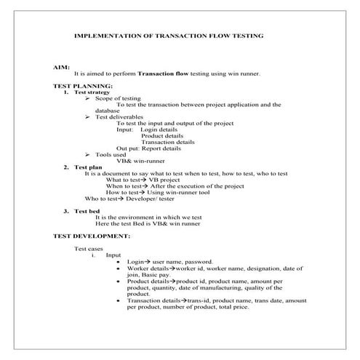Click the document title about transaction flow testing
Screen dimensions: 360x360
(170, 35)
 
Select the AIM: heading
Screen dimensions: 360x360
(61, 66)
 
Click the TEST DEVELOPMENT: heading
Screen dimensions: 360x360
(92, 236)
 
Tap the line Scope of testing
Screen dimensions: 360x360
(118, 98)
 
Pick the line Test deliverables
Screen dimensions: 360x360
(119, 117)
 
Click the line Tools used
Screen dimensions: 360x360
(111, 154)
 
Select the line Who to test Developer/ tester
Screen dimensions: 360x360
(129, 198)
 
